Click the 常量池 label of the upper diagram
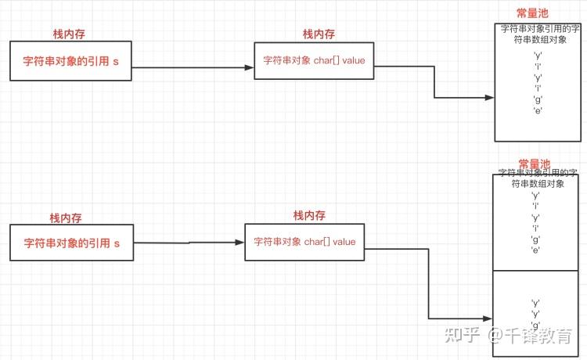point(533,14)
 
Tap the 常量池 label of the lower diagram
point(535,164)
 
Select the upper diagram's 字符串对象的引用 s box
point(71,61)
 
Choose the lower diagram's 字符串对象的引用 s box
point(71,243)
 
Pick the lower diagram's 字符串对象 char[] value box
point(304,242)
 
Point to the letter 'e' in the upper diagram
point(538,111)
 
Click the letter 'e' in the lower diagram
point(536,250)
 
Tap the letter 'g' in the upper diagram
point(538,99)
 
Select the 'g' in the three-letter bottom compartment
point(536,325)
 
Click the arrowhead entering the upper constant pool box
point(490,98)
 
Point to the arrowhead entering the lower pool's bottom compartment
point(488,319)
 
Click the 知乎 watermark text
point(462,336)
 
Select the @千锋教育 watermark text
point(531,336)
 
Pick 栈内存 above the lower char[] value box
point(309,215)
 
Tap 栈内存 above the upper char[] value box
point(319,34)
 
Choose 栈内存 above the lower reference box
point(66,218)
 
